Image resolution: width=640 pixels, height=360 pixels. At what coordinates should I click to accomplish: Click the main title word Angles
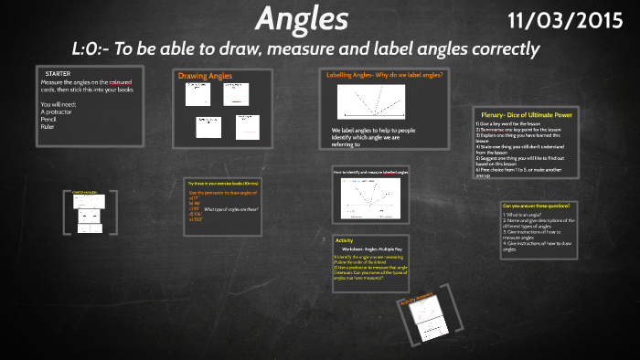[302, 18]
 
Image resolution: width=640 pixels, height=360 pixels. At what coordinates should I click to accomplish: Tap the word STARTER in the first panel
[59, 72]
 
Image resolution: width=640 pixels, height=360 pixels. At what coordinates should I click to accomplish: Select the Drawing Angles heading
[205, 76]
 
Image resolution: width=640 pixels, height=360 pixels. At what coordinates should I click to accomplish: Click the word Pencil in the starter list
[50, 119]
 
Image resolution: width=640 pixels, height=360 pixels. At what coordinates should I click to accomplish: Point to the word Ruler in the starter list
[48, 126]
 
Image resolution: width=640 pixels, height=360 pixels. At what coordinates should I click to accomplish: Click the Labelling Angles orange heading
[385, 74]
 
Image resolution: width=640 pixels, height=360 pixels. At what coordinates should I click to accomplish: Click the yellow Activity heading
[344, 239]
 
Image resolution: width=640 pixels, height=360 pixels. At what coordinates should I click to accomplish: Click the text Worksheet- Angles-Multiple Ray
[372, 249]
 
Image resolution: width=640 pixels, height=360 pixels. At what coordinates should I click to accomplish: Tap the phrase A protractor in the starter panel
[56, 111]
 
